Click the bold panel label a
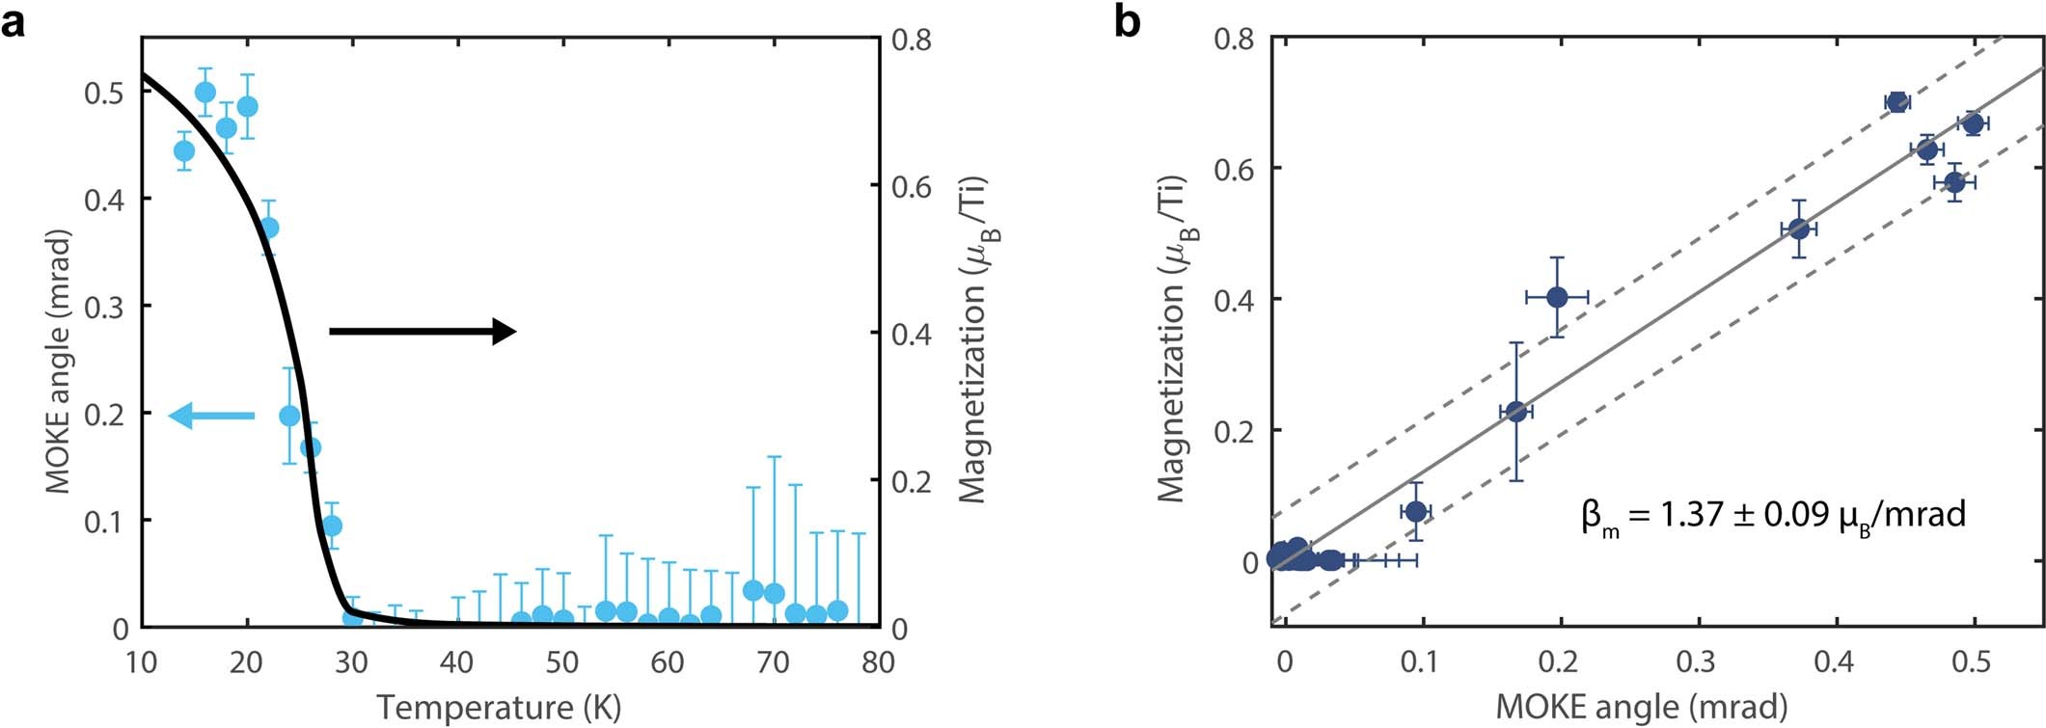[x=14, y=20]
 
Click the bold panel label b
[x=1127, y=20]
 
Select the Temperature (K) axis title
[x=499, y=707]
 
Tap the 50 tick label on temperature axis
[x=561, y=663]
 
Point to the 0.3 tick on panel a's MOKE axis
[x=107, y=307]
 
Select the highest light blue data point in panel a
[x=205, y=93]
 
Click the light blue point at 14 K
[x=184, y=151]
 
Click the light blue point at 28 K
[x=332, y=526]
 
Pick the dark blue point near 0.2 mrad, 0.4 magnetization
[x=1556, y=297]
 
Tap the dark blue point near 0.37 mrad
[x=1798, y=229]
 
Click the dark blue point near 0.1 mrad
[x=1415, y=511]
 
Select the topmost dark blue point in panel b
[x=1896, y=102]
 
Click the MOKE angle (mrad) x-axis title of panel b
[x=1641, y=707]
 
